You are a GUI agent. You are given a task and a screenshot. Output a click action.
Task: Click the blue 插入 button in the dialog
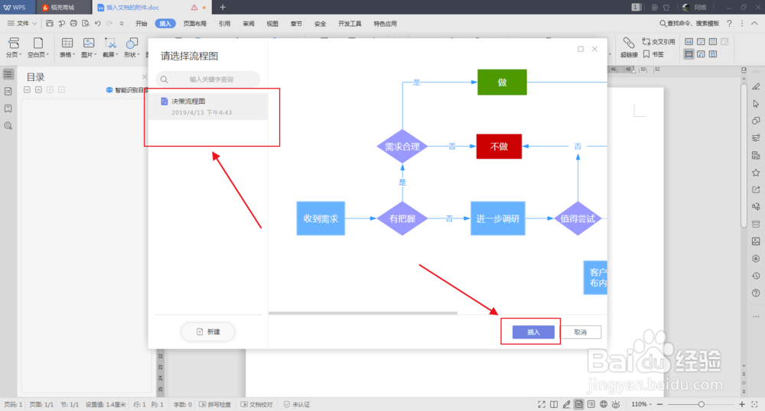(x=533, y=332)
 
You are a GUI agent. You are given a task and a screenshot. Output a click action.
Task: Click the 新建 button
(x=208, y=332)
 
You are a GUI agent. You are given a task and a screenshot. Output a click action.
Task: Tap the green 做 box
(x=502, y=83)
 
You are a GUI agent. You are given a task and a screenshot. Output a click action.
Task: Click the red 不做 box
(x=499, y=147)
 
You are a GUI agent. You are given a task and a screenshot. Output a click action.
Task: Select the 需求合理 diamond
(x=402, y=147)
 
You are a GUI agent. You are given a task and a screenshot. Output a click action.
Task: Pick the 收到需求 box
(x=321, y=218)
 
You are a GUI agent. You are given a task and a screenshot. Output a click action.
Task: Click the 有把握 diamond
(x=402, y=218)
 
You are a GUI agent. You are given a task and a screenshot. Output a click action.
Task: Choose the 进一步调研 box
(x=498, y=218)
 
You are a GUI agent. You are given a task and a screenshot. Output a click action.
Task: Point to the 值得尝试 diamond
(x=578, y=218)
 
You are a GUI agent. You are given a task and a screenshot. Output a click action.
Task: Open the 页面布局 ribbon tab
(x=195, y=24)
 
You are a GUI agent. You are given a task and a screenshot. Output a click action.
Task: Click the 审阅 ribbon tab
(x=248, y=24)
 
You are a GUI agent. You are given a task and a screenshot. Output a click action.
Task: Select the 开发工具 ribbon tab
(x=350, y=24)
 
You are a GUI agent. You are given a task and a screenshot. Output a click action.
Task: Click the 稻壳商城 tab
(x=62, y=7)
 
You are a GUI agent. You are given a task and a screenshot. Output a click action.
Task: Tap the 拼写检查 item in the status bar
(x=215, y=404)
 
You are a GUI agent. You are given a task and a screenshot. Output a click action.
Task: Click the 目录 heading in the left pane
(x=36, y=76)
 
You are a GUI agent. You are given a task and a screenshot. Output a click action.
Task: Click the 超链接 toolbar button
(x=629, y=49)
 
